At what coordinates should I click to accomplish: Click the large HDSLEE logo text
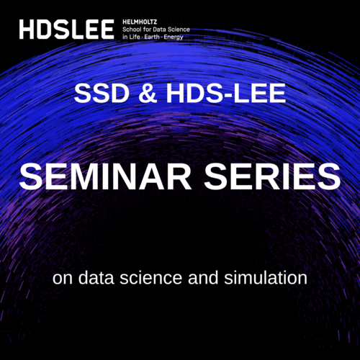pos(66,30)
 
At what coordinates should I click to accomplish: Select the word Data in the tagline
pos(160,30)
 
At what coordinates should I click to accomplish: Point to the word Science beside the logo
pos(179,30)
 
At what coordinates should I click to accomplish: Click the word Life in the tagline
pos(135,37)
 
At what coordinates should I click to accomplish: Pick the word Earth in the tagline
pos(152,37)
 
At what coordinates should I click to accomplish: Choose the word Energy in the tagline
pos(174,37)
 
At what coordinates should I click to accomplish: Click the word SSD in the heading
pos(102,93)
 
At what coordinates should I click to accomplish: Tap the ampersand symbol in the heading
pos(148,93)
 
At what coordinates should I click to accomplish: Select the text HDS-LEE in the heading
pos(226,93)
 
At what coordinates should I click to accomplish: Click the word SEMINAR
pos(105,176)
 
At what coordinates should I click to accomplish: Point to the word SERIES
pos(272,176)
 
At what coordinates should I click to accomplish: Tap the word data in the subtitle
pos(96,277)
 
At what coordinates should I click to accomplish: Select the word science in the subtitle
pos(150,277)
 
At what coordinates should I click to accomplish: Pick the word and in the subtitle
pos(203,277)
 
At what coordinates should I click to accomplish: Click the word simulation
pos(266,277)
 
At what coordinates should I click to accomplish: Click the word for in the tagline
pos(147,30)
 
